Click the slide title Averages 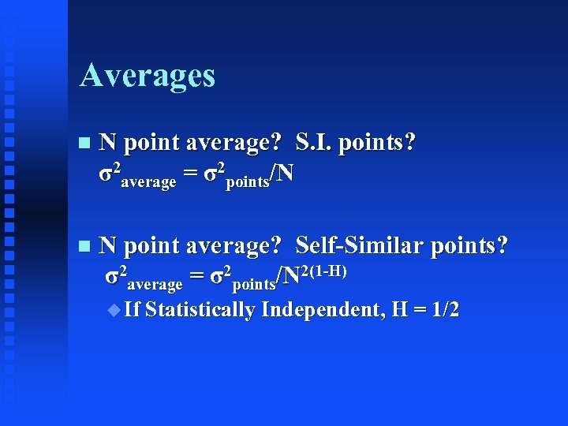click(147, 76)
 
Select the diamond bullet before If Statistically click(115, 309)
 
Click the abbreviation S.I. click(313, 143)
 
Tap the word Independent click(322, 309)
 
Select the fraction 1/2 click(442, 309)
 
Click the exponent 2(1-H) click(324, 271)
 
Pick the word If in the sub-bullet click(132, 309)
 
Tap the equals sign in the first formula click(190, 173)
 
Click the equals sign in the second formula click(196, 276)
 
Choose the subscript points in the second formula click(253, 284)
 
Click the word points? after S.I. click(376, 143)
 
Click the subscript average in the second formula click(155, 284)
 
